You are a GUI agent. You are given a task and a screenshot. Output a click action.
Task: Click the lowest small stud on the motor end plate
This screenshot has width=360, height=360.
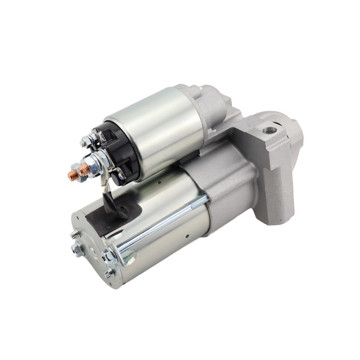coord(107,274)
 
